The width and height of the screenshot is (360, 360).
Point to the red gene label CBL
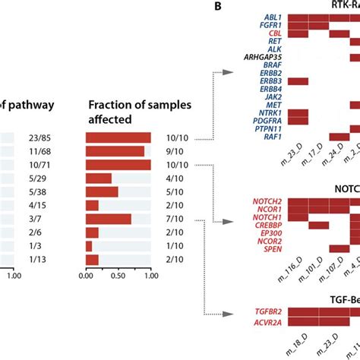coord(273,34)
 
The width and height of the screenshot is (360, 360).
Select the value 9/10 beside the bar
coord(181,151)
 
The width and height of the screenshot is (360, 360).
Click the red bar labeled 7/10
coord(108,219)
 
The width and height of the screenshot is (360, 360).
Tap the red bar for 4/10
coord(99,178)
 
